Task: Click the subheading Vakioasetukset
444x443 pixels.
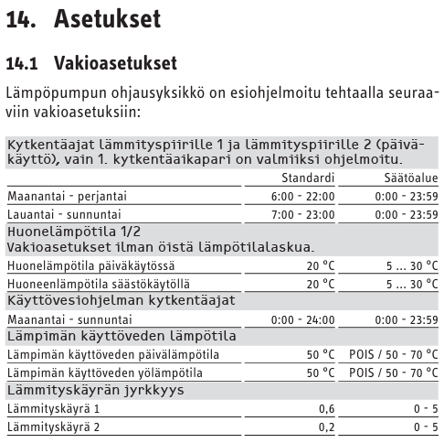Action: (115, 63)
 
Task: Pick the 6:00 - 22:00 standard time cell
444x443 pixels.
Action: (303, 196)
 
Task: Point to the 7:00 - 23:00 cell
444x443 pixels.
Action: (303, 213)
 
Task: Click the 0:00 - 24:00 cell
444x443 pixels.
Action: (303, 319)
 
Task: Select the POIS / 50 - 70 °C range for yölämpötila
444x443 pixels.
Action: (393, 373)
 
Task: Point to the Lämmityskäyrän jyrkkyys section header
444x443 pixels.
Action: (95, 390)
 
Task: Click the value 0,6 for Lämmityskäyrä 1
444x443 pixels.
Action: (326, 407)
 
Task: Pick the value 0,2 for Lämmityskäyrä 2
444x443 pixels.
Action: (326, 426)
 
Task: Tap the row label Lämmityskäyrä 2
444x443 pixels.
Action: (52, 426)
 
